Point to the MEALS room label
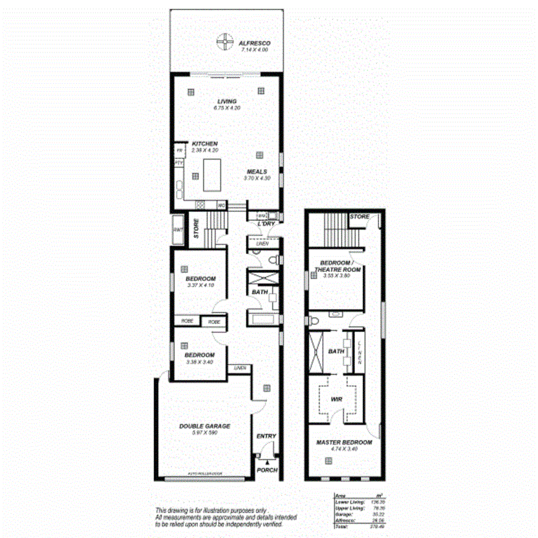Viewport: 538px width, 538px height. pyautogui.click(x=257, y=171)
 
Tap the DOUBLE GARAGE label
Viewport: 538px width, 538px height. pyautogui.click(x=204, y=426)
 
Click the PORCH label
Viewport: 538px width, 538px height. pyautogui.click(x=267, y=470)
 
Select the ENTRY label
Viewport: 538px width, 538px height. pyautogui.click(x=266, y=436)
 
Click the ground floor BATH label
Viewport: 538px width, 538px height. pyautogui.click(x=259, y=293)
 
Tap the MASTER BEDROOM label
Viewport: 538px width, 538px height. pyautogui.click(x=344, y=443)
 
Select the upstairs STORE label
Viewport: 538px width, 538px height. pyautogui.click(x=359, y=217)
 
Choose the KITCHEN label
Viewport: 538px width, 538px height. pyautogui.click(x=204, y=143)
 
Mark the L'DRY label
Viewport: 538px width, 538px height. pyautogui.click(x=266, y=223)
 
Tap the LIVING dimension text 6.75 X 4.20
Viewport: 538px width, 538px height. pyautogui.click(x=227, y=108)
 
